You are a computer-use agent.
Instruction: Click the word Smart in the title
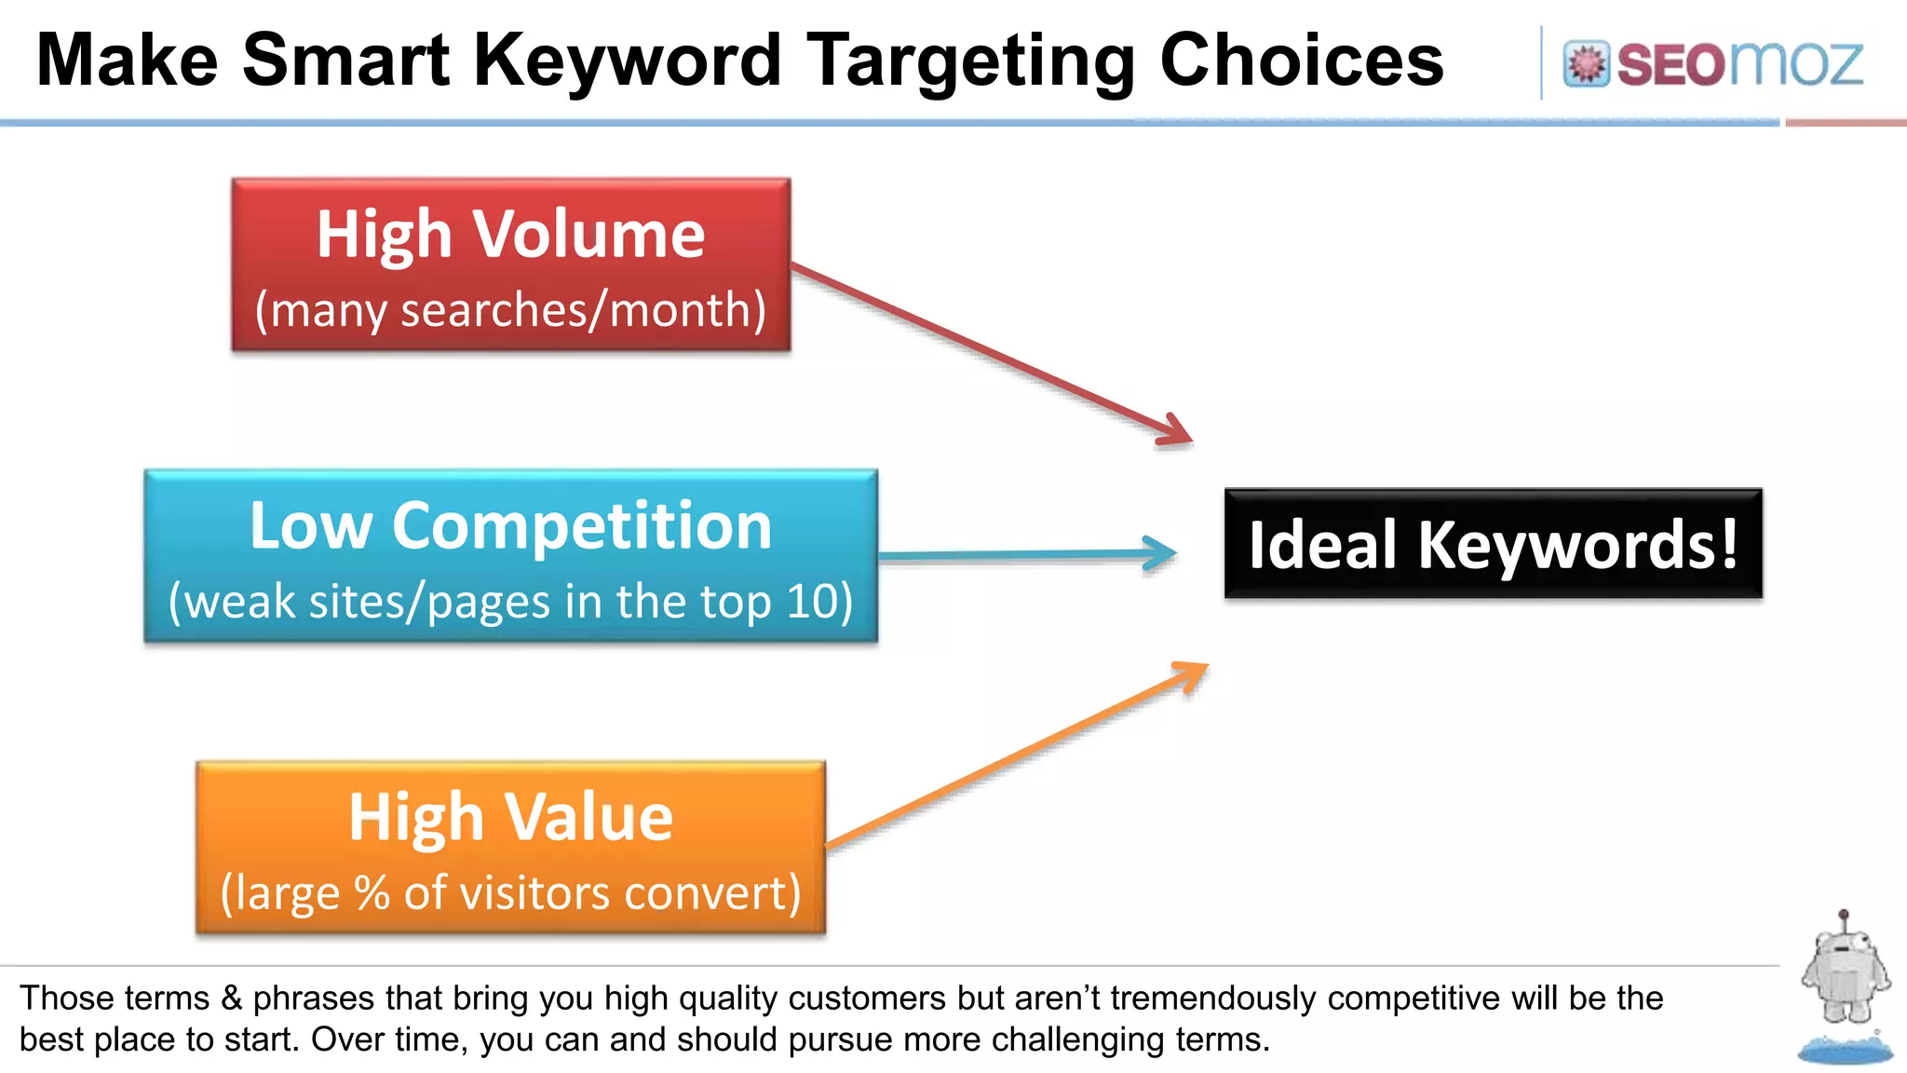click(345, 61)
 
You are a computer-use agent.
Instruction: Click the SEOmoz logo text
click(1739, 64)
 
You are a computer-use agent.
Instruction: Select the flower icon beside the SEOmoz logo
click(1586, 64)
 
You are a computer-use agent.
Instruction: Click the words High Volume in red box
click(510, 234)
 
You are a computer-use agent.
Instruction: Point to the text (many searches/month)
click(510, 310)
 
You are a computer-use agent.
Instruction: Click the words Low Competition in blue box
click(510, 526)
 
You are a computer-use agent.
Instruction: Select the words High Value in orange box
click(510, 817)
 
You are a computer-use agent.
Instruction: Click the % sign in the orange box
click(372, 892)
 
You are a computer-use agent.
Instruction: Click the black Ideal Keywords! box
click(1493, 544)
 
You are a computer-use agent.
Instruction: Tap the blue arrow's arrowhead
click(1162, 553)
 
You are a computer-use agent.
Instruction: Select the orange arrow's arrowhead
click(1193, 672)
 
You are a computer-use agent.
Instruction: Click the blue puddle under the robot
click(1845, 1050)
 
